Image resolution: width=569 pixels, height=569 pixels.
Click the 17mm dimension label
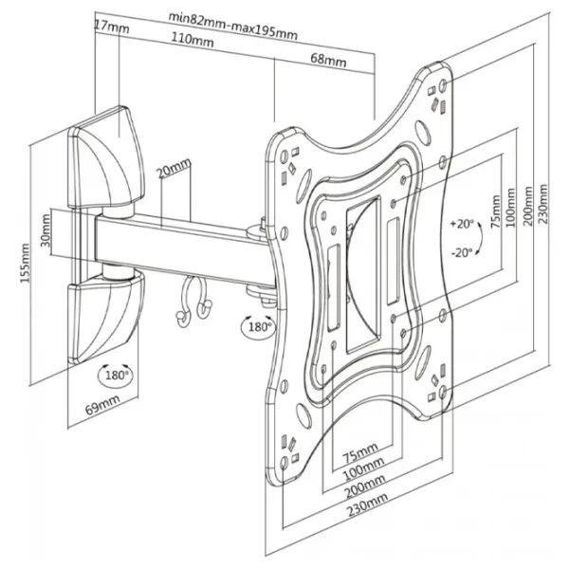coord(112,26)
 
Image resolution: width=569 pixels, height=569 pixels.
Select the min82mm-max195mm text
coord(231,17)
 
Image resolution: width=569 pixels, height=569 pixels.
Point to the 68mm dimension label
coord(328,62)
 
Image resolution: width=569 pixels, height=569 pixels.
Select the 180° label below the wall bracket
coord(116,375)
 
